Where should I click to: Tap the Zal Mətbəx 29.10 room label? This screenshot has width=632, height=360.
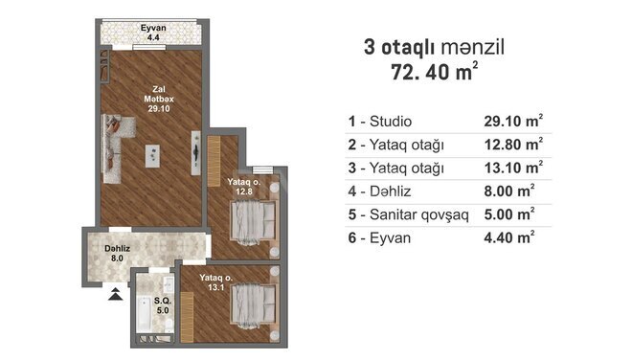coord(159,99)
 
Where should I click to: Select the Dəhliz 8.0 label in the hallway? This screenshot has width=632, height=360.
coord(117,254)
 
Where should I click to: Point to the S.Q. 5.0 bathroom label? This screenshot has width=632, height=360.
coord(163,305)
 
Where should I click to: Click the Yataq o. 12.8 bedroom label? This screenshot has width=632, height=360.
coord(244,187)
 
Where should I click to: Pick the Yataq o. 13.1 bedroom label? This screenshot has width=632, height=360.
coord(216,282)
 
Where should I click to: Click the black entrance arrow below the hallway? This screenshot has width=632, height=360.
coord(116,294)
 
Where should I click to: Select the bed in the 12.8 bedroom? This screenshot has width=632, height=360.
coord(254,223)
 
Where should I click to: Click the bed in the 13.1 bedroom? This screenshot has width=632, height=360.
coord(254,306)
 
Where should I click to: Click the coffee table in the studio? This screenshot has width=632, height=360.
coord(152,156)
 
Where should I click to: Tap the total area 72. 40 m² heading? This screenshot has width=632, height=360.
coord(435,73)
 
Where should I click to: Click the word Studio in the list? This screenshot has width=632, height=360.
coord(391,122)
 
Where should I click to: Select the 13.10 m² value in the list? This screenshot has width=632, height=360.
coord(513,168)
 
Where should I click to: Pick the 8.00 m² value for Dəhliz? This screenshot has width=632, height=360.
coord(509,191)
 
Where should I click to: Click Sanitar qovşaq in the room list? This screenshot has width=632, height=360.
coord(419,214)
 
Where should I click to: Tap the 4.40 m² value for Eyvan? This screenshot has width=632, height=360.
coord(509,237)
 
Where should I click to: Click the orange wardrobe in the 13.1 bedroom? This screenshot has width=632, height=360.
coord(187,317)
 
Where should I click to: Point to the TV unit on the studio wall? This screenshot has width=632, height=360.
coord(196,153)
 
